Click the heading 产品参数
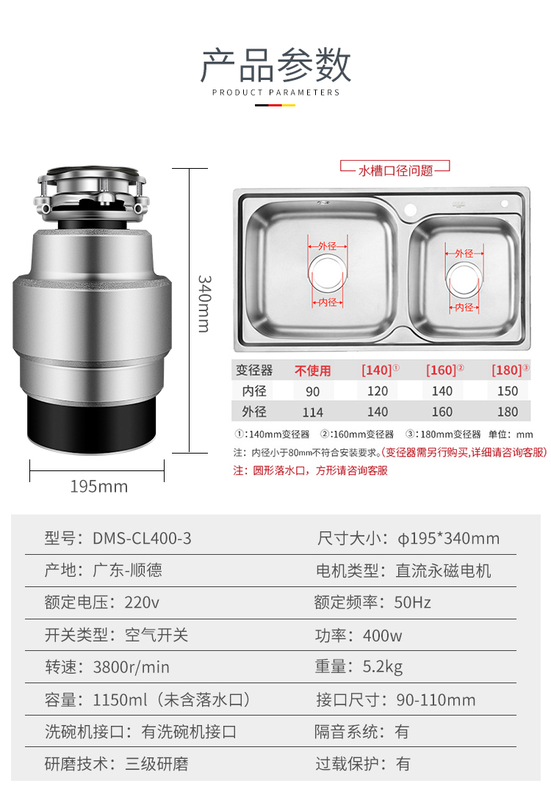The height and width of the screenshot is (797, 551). pyautogui.click(x=275, y=65)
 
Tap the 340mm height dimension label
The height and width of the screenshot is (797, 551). pyautogui.click(x=204, y=303)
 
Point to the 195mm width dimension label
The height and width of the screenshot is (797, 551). pyautogui.click(x=98, y=487)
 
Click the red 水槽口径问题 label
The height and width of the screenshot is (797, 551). pyautogui.click(x=395, y=170)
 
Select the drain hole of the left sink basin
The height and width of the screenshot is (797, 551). pyautogui.click(x=327, y=274)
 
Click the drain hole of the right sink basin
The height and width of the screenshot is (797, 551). pyautogui.click(x=464, y=279)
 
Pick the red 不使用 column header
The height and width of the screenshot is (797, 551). pyautogui.click(x=312, y=371)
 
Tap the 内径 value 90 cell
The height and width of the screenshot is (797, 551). pyautogui.click(x=312, y=391)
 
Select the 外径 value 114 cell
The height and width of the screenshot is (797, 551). pyautogui.click(x=312, y=412)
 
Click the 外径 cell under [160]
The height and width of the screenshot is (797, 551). pyautogui.click(x=442, y=412)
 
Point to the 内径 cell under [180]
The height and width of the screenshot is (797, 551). pyautogui.click(x=507, y=391)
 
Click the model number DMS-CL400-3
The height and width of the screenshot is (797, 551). pyautogui.click(x=142, y=538)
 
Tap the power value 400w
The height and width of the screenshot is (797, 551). pyautogui.click(x=382, y=636)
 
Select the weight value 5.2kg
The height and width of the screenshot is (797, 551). pyautogui.click(x=383, y=667)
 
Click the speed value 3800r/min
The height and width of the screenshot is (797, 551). pyautogui.click(x=132, y=667)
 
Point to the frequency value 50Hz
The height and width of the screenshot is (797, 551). pyautogui.click(x=413, y=603)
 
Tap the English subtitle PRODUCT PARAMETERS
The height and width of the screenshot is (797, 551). pyautogui.click(x=275, y=92)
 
